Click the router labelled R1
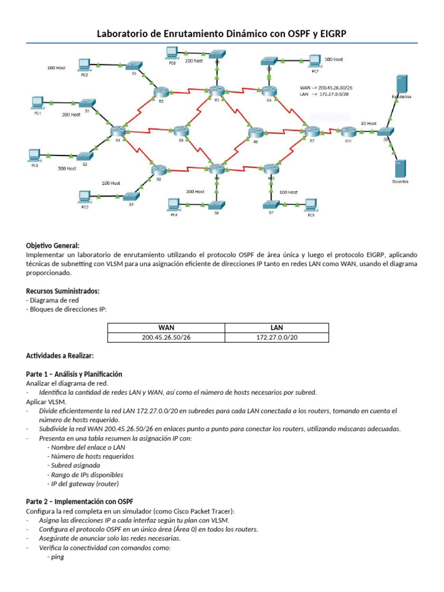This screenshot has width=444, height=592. [x=117, y=132]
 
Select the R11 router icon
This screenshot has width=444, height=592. [x=348, y=132]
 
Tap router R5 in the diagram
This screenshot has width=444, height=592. [x=182, y=132]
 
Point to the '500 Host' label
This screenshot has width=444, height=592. [x=67, y=168]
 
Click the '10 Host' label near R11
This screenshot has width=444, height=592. [x=368, y=123]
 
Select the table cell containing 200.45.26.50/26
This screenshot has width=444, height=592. [x=166, y=338]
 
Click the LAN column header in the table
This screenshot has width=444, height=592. [x=276, y=327]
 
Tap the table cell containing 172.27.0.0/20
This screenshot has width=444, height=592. [x=276, y=338]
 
